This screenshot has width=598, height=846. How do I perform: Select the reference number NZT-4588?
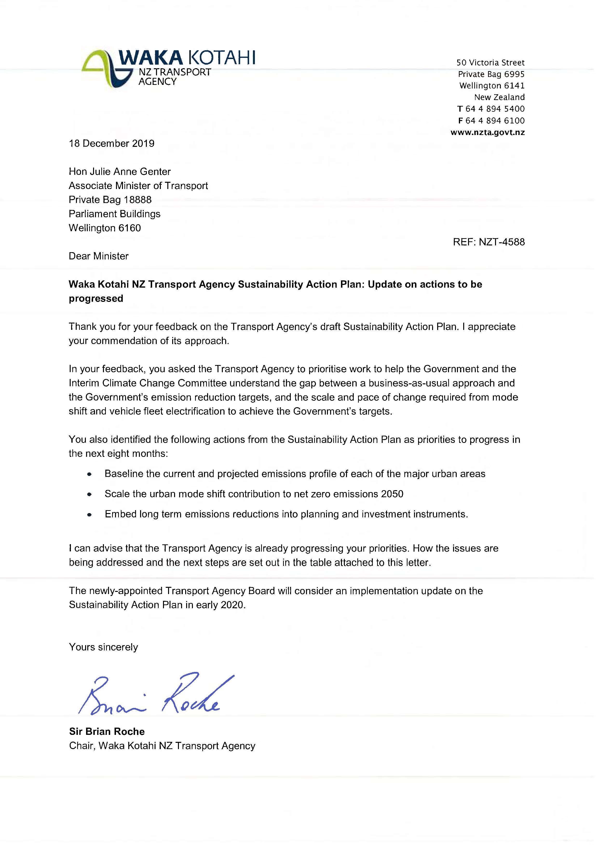pyautogui.click(x=502, y=242)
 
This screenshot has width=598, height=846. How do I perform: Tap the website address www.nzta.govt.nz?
pyautogui.click(x=488, y=132)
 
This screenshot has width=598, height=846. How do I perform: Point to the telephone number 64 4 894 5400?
pyautogui.click(x=495, y=109)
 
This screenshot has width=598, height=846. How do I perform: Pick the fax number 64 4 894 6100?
pyautogui.click(x=495, y=121)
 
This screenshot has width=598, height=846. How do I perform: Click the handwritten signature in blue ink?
pyautogui.click(x=155, y=695)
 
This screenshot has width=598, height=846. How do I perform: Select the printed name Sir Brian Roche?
pyautogui.click(x=107, y=731)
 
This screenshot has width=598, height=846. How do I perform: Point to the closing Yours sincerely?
pyautogui.click(x=103, y=647)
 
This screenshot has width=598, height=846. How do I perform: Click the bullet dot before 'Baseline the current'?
pyautogui.click(x=89, y=474)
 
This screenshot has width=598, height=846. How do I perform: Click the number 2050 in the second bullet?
pyautogui.click(x=392, y=494)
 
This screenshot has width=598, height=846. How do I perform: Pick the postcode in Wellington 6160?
pyautogui.click(x=130, y=228)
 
